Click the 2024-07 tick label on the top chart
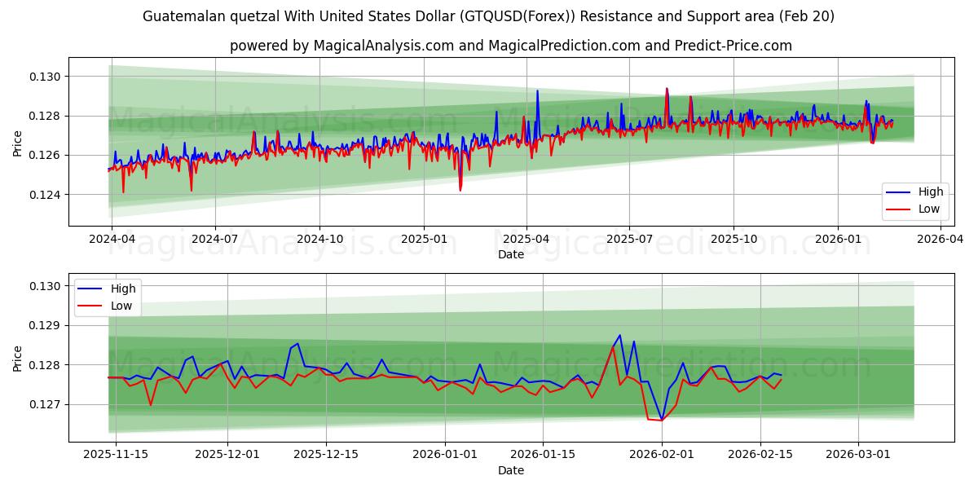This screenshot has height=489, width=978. click(215, 239)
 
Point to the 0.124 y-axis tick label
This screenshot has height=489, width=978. click(45, 195)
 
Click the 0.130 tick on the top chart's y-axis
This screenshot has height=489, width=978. click(45, 77)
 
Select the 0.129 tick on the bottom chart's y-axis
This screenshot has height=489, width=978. click(45, 325)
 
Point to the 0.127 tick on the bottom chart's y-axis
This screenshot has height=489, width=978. click(45, 404)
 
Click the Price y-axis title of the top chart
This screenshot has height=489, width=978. click(18, 143)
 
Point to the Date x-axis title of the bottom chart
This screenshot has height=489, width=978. click(511, 470)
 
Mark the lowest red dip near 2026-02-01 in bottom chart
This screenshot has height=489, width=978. click(661, 421)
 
